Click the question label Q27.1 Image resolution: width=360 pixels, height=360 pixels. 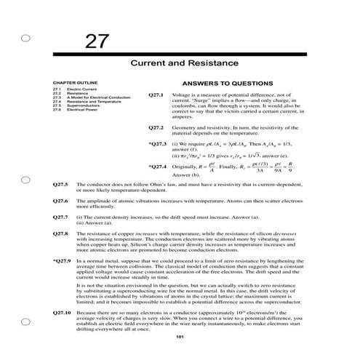tap(156, 95)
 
